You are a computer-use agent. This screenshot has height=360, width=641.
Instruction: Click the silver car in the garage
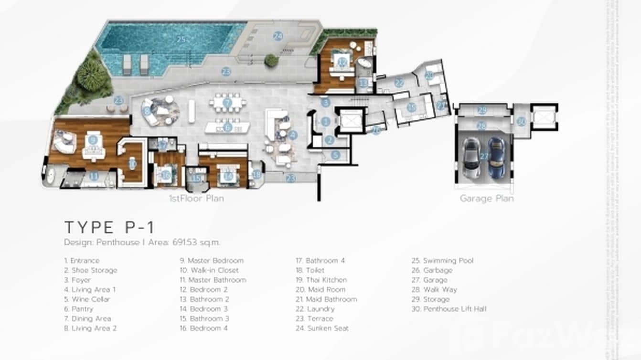pyautogui.click(x=472, y=158)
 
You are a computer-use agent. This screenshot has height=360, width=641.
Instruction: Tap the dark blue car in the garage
pyautogui.click(x=496, y=158)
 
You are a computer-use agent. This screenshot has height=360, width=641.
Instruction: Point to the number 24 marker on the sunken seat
pyautogui.click(x=278, y=36)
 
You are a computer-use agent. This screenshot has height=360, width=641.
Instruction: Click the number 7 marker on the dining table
pyautogui.click(x=227, y=103)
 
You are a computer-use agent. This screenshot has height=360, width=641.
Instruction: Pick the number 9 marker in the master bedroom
pyautogui.click(x=93, y=140)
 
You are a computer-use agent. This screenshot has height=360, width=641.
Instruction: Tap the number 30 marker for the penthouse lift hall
pyautogui.click(x=521, y=122)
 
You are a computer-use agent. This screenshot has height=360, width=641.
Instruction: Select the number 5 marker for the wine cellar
pyautogui.click(x=335, y=155)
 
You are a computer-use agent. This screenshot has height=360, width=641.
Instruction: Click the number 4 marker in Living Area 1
pyautogui.click(x=293, y=135)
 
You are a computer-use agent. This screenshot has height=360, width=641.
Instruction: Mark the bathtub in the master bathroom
pyautogui.click(x=49, y=177)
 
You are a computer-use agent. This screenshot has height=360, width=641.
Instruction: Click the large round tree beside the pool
pyautogui.click(x=91, y=75)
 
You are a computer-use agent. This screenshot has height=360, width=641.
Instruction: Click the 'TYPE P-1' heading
pyautogui.click(x=109, y=227)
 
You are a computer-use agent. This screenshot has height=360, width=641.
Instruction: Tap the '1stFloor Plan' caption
pyautogui.click(x=196, y=198)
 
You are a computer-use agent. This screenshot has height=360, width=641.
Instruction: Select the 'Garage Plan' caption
pyautogui.click(x=487, y=198)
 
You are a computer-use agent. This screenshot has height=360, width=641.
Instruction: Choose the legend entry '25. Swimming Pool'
pyautogui.click(x=443, y=261)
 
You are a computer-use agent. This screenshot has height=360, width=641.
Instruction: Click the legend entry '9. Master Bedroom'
pyautogui.click(x=212, y=261)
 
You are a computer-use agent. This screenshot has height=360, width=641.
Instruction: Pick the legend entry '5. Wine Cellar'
pyautogui.click(x=87, y=299)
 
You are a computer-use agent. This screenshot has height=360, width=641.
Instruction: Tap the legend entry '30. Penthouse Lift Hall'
pyautogui.click(x=449, y=309)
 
